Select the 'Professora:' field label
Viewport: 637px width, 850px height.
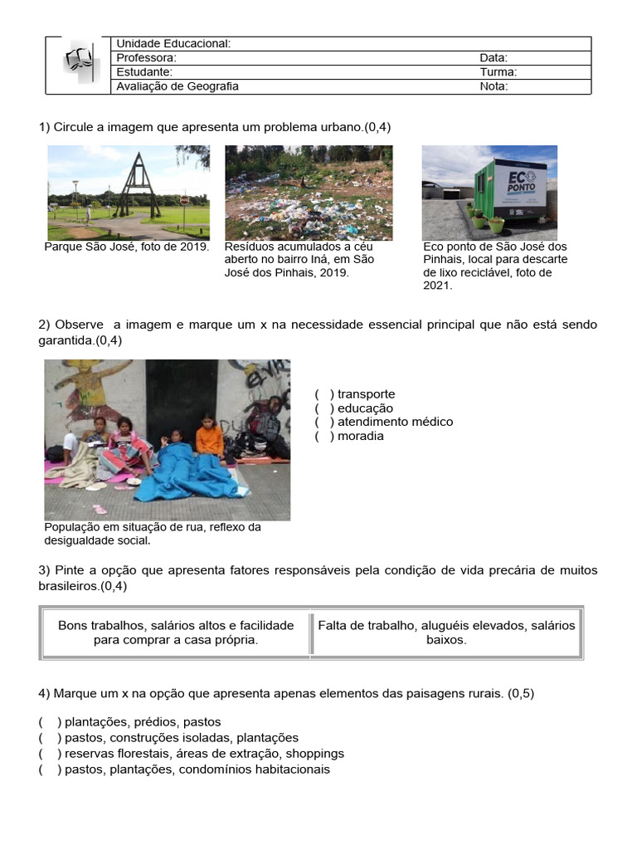click(146, 58)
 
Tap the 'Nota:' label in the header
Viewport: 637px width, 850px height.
click(494, 86)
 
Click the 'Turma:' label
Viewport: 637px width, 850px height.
click(498, 72)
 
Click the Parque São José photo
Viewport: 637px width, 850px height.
click(128, 193)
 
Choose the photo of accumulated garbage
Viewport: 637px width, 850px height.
click(309, 193)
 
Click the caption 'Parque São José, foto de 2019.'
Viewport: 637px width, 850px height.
click(126, 247)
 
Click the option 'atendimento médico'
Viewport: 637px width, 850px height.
click(395, 423)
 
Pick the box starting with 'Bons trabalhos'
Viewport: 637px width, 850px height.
click(175, 633)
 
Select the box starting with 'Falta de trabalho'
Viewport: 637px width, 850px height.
click(446, 633)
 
